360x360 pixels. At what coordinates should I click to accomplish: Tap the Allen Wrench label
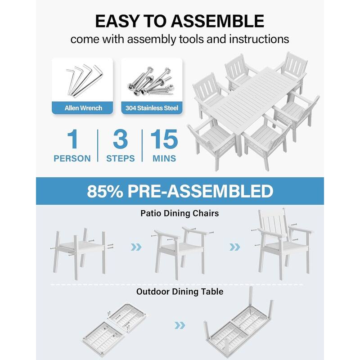[83, 108]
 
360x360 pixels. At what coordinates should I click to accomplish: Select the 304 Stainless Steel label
[152, 108]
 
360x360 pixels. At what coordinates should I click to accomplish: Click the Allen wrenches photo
[83, 79]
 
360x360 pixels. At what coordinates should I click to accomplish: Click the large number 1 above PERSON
[72, 140]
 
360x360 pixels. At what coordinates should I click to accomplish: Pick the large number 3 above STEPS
[120, 140]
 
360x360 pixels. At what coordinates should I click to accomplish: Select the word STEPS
[120, 158]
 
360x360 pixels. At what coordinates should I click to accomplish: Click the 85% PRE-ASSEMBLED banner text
[180, 191]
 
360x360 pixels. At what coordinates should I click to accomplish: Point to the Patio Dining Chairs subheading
[179, 213]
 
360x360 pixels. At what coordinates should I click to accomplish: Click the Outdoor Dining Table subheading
[180, 292]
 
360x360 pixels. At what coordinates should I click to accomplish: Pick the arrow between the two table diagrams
[180, 325]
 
